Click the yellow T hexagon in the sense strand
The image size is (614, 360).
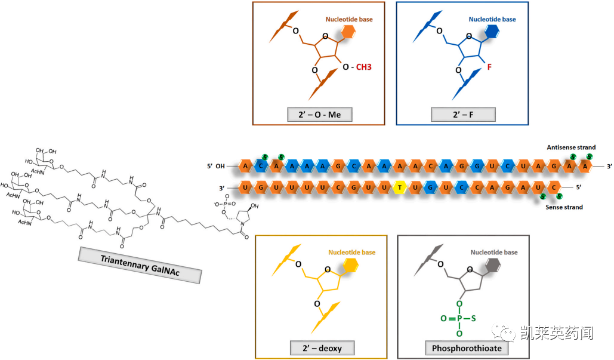click(401, 189)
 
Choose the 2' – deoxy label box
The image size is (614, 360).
click(323, 347)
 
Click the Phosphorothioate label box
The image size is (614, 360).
click(463, 347)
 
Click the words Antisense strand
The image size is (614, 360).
click(571, 147)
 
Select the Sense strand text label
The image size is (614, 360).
click(564, 207)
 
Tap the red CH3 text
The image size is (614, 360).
click(364, 67)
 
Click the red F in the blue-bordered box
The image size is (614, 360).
click(489, 67)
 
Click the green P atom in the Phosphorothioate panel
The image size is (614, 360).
click(458, 319)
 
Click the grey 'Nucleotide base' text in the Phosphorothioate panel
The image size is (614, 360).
click(493, 253)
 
